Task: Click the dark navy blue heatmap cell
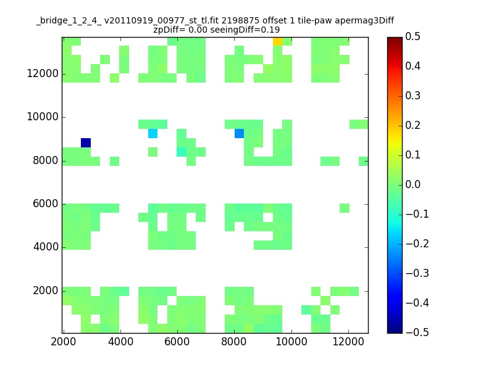coord(86,143)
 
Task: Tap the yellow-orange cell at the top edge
coord(277,41)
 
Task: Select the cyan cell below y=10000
coord(153,133)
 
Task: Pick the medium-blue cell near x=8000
coord(239,133)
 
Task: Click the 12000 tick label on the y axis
coord(43,73)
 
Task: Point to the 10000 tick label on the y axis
coord(43,117)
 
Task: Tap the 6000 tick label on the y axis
coord(46,203)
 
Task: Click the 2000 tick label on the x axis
coord(64,342)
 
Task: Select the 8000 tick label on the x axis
coord(234,342)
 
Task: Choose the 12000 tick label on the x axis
coord(348,342)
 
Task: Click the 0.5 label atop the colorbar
coord(412,36)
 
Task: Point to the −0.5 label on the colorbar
coord(417,332)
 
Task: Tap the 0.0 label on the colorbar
coord(412,184)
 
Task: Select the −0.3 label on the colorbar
coord(417,273)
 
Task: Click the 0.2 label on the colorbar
coord(412,125)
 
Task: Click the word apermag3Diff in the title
coord(364,21)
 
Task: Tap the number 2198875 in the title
coord(240,21)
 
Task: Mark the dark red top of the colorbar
coord(395,40)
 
